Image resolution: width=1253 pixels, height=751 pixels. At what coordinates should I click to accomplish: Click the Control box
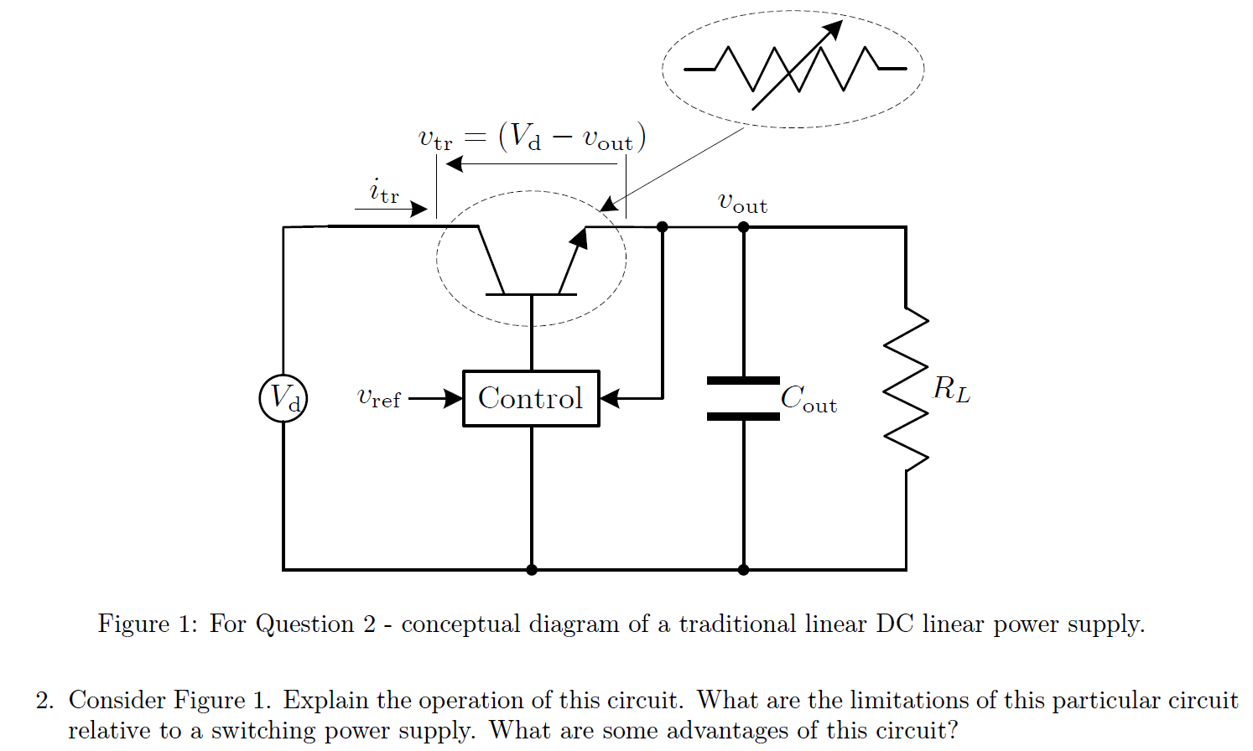[531, 398]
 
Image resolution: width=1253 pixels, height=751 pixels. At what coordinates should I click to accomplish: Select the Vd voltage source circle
[283, 397]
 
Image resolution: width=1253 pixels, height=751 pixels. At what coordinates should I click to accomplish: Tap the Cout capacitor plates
[743, 398]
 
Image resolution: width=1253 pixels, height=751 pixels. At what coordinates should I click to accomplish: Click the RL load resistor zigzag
[906, 389]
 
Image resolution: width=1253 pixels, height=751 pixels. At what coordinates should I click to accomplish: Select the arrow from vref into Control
[436, 398]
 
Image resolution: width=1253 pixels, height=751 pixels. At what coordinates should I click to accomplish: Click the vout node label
[742, 202]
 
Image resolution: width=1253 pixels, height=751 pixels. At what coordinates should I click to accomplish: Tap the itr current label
[384, 191]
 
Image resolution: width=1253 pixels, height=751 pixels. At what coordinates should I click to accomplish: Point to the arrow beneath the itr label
[391, 210]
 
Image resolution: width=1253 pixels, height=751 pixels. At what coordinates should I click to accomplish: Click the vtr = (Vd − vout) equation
[532, 137]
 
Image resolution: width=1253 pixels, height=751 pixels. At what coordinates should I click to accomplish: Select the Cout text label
[808, 398]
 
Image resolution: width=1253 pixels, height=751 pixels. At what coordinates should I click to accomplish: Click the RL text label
[952, 389]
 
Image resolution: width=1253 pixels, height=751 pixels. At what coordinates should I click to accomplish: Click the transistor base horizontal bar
[531, 294]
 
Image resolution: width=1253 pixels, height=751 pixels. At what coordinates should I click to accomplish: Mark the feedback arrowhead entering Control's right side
[610, 398]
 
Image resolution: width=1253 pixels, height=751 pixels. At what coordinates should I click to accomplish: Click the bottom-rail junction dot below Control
[531, 570]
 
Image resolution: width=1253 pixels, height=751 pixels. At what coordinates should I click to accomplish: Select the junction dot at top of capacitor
[743, 227]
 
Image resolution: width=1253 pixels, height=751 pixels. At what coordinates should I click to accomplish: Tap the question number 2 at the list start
[44, 701]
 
